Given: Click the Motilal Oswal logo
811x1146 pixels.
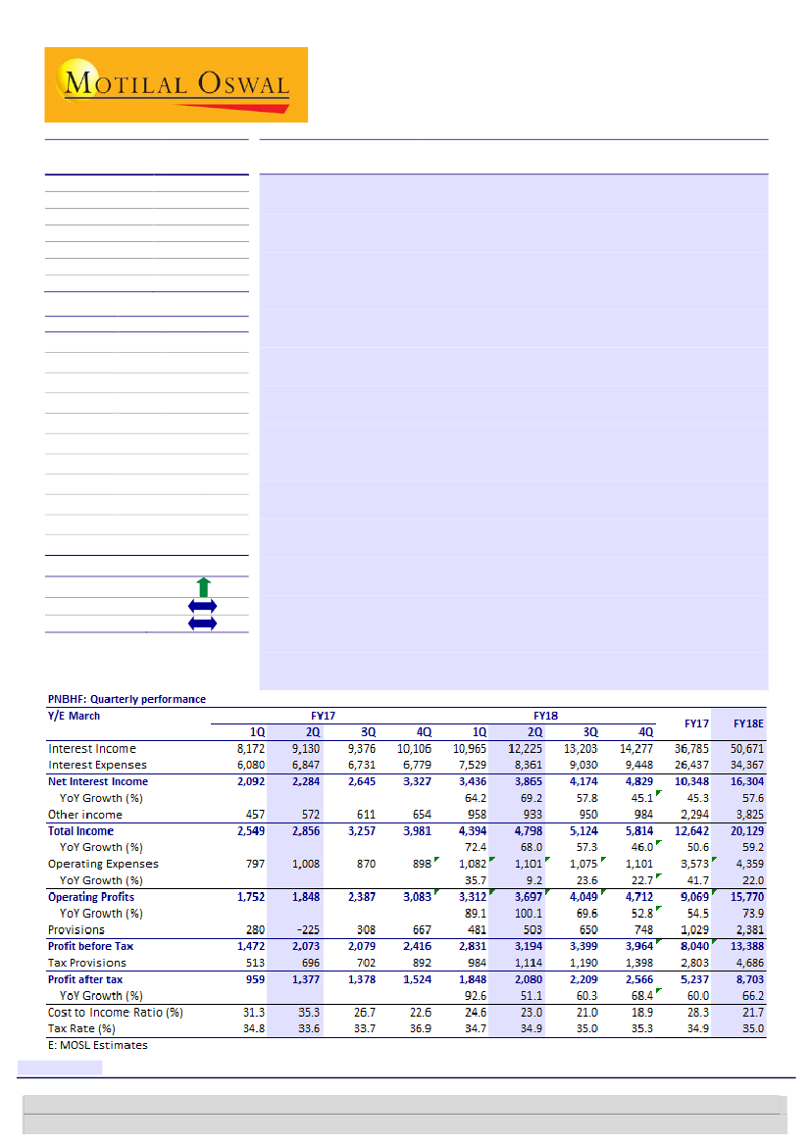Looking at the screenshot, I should click(177, 84).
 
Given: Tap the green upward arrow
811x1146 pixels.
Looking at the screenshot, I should click(203, 587).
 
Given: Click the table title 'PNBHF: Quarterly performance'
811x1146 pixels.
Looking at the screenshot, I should click(127, 699).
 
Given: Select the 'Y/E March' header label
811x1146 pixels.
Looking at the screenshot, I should click(74, 716).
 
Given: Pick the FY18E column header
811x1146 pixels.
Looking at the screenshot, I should click(748, 722).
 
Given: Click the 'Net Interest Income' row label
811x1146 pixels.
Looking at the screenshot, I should click(98, 781).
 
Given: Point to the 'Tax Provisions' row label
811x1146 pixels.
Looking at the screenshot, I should click(87, 963).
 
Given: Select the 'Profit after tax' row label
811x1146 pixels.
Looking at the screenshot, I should click(85, 979).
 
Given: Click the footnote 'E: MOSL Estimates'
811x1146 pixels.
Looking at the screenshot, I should click(98, 1045).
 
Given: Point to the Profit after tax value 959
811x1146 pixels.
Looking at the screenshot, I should click(252, 979).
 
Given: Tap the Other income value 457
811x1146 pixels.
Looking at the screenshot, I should click(252, 815).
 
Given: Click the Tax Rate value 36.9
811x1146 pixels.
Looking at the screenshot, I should click(422, 1028).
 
